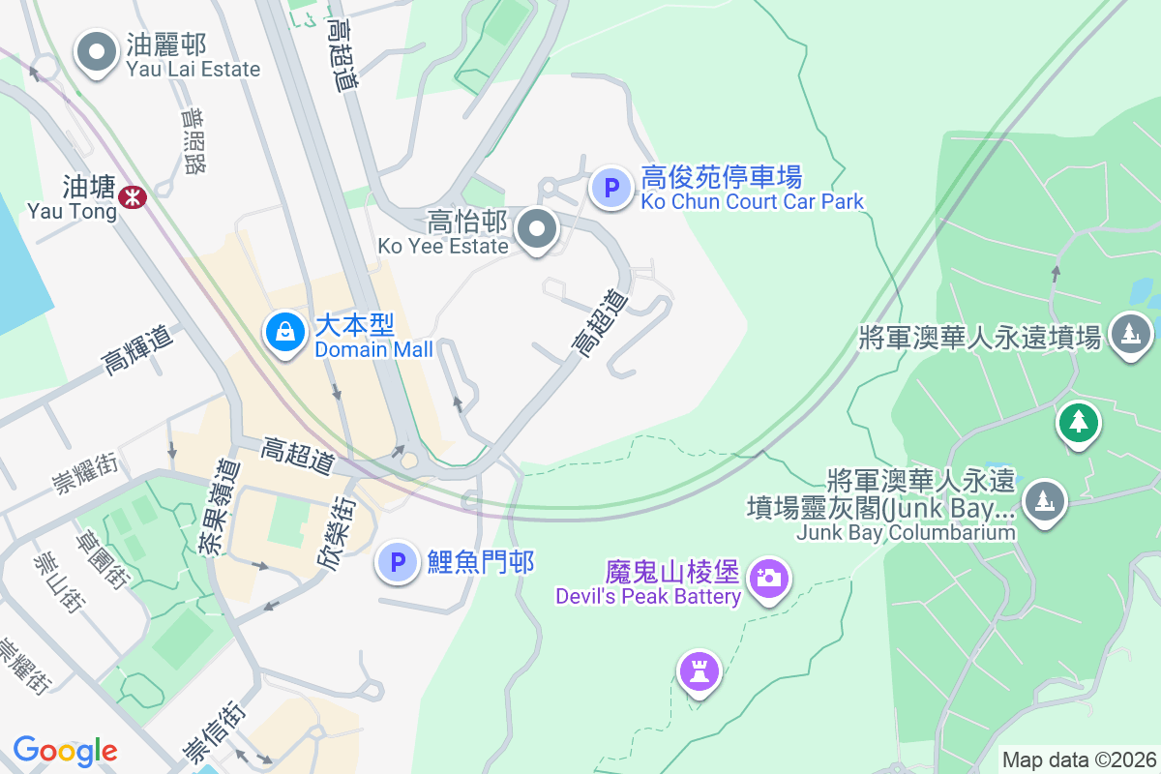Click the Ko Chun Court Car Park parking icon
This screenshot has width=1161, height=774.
(x=611, y=188)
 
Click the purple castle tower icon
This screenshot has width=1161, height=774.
(x=700, y=670)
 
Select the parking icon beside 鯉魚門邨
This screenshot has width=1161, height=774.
(x=397, y=562)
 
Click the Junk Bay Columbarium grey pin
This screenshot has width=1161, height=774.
(x=1043, y=501)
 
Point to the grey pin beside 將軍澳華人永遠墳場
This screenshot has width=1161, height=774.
(x=1129, y=335)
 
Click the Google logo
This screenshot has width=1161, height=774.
(x=66, y=751)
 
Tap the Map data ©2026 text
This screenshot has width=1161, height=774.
(x=1079, y=759)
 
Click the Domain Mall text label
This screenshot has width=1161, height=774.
(x=373, y=349)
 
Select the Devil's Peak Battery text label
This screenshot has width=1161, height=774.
(x=647, y=596)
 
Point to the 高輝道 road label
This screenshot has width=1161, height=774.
(x=137, y=349)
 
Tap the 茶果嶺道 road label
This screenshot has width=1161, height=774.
(x=217, y=506)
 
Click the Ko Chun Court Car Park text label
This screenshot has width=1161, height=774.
(x=752, y=201)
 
